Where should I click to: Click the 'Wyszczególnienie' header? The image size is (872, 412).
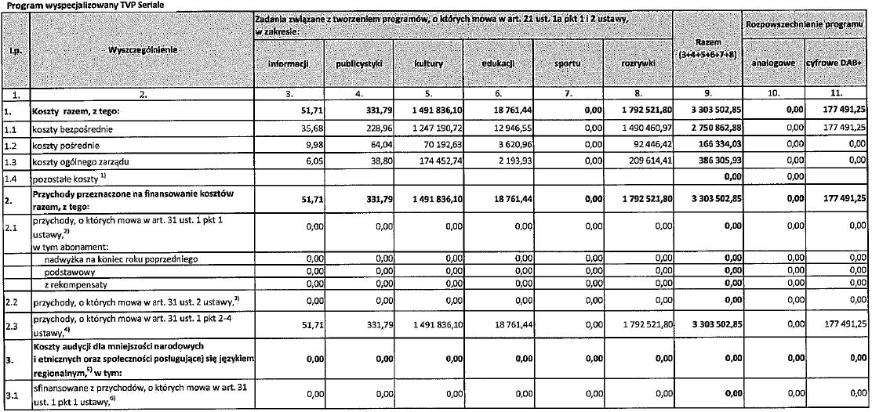(x=141, y=50)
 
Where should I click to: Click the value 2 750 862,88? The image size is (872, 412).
(x=707, y=128)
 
